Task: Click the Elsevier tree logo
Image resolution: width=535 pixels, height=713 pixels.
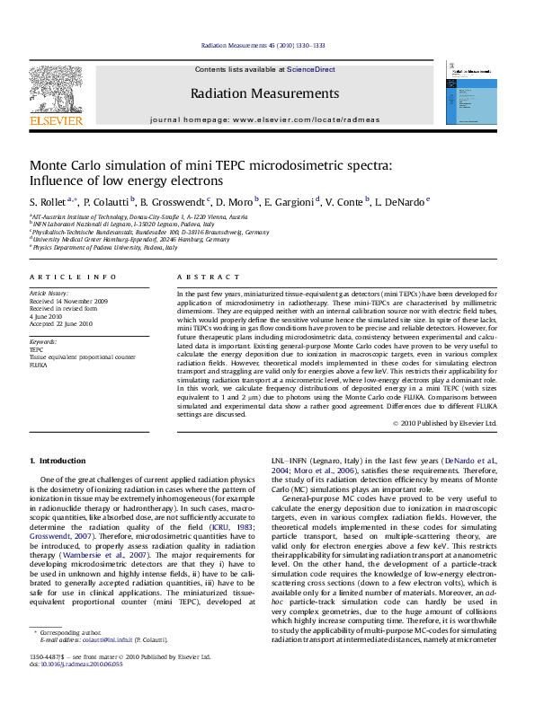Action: point(44,90)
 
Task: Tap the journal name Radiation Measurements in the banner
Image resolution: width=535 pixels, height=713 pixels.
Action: point(264,93)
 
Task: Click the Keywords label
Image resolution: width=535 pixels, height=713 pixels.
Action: point(44,342)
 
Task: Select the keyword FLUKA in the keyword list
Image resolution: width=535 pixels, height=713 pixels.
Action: point(40,365)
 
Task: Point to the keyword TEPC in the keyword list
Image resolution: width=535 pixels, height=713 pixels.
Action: point(37,350)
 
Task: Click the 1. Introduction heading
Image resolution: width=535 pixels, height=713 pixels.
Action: point(59,460)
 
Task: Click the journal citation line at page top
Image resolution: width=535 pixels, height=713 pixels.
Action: point(263,44)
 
